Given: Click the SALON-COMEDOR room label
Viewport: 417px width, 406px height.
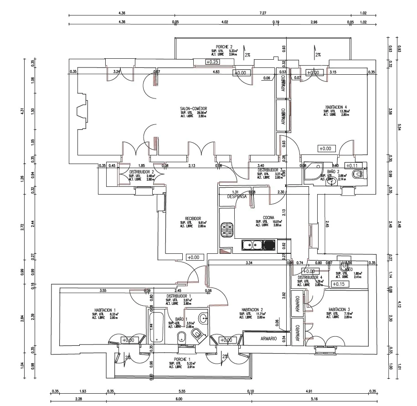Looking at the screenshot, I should tap(193, 109).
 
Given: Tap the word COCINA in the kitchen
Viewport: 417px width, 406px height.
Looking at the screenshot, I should tap(268, 218).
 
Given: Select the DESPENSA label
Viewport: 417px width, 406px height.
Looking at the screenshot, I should tap(237, 197).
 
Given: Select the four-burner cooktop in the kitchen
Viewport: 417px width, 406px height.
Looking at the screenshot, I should tap(227, 230).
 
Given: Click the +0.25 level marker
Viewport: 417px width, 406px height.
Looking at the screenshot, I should tap(212, 62).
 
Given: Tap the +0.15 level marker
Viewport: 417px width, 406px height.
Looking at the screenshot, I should tap(338, 284).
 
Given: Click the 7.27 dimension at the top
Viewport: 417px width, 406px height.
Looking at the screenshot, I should tap(263, 14).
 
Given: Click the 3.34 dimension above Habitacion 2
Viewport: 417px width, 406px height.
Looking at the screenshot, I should tap(249, 263).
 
